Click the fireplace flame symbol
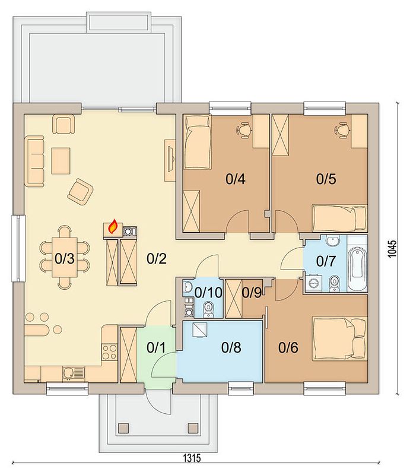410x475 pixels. tap(113, 227)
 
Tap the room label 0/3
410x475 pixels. tap(65, 259)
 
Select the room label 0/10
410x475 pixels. tap(208, 293)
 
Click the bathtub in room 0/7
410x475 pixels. tap(357, 264)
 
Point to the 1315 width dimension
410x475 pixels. tap(192, 458)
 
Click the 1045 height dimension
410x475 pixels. tap(392, 249)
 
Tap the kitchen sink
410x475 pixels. tap(74, 373)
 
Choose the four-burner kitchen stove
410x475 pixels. tap(109, 351)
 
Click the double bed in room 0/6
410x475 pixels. tap(340, 338)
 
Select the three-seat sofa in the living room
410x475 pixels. tap(36, 161)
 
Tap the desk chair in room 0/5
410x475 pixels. tap(342, 130)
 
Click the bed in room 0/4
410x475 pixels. tap(197, 141)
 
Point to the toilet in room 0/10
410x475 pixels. tap(208, 309)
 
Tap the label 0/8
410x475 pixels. tap(231, 347)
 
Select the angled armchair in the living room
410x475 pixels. tap(80, 191)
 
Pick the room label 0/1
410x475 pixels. tap(156, 347)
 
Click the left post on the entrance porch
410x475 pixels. tap(123, 427)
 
